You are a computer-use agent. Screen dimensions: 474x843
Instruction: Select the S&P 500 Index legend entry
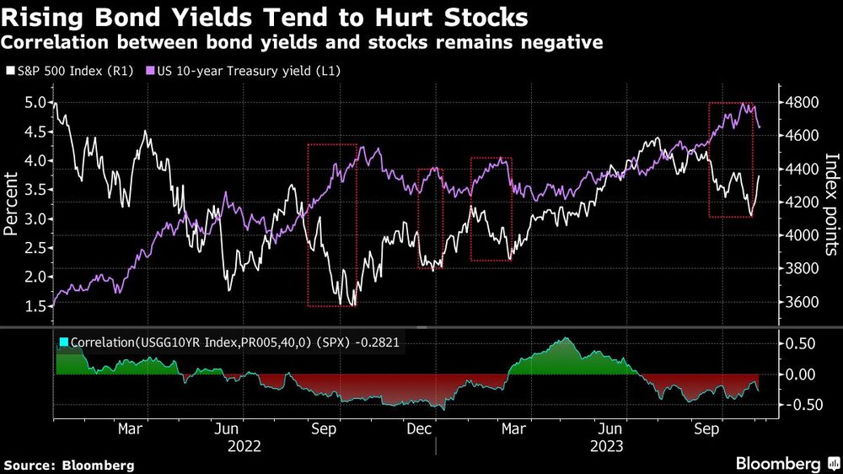67,73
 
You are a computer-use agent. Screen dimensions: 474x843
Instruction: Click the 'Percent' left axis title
11,202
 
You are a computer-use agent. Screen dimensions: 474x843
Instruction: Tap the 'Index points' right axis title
830,202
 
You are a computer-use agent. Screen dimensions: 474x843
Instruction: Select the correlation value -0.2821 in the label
381,342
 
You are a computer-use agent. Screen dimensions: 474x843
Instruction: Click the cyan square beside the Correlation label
63,342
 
